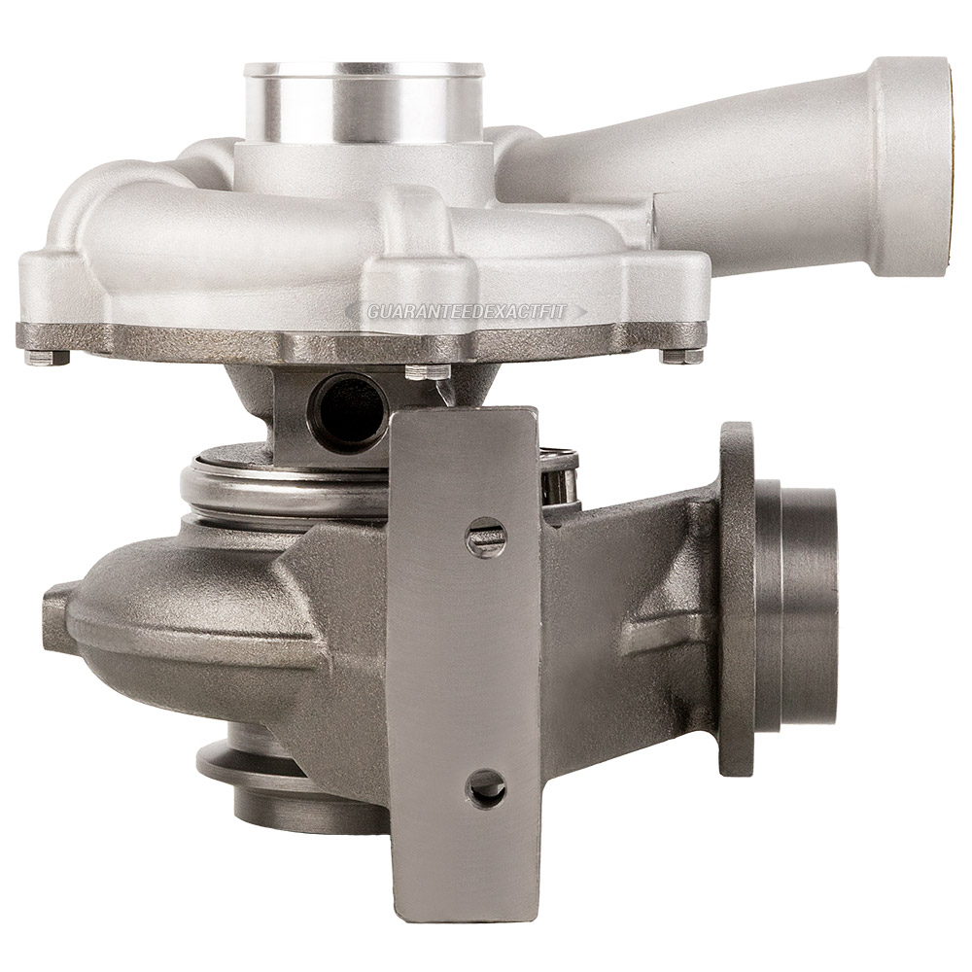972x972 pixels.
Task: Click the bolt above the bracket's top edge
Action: [427, 371]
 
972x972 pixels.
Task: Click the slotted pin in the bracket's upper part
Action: [486, 536]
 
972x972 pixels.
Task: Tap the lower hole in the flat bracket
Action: [485, 787]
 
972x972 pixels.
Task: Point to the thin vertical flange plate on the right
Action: [737, 598]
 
